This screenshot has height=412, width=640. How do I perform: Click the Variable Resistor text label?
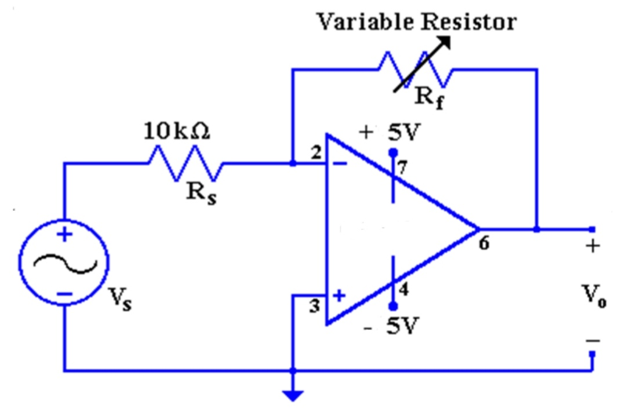click(x=416, y=22)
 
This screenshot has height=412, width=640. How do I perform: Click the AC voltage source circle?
click(x=63, y=264)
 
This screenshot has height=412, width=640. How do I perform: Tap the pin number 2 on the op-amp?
click(x=315, y=154)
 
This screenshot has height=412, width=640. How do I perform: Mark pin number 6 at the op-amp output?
click(x=485, y=244)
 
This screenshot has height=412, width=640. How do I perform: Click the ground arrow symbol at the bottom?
click(x=293, y=394)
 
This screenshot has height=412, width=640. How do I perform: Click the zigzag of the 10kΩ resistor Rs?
click(x=186, y=163)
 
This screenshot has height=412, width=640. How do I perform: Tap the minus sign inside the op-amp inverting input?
click(x=339, y=163)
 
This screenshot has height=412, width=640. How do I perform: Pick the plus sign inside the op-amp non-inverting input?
click(x=339, y=296)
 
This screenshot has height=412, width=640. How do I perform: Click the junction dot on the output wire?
click(x=537, y=229)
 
